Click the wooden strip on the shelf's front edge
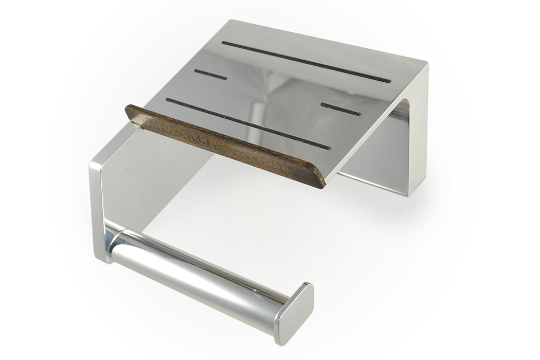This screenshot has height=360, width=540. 226,146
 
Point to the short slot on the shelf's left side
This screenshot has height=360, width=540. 210,75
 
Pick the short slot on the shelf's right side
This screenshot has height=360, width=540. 340,109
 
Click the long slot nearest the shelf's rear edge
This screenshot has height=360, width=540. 306,62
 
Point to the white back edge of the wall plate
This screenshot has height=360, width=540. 419,134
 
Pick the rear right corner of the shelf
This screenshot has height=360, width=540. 426,64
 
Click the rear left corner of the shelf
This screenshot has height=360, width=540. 230,22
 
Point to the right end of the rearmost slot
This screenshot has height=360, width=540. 389,81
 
